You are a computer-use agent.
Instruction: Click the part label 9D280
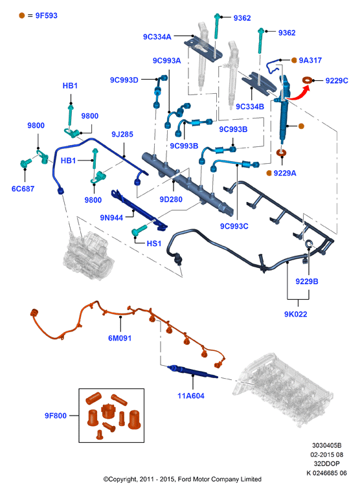coord(171,199)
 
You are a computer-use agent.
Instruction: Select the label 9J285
coord(122,134)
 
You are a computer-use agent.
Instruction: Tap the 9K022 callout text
coord(296,314)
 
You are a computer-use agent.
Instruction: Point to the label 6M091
coord(120,338)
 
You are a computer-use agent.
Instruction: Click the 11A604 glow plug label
coord(191,396)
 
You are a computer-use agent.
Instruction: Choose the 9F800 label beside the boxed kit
coord(56,416)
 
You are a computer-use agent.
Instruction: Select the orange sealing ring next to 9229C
coord(308,80)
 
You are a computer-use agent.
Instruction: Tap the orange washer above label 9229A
coord(282,153)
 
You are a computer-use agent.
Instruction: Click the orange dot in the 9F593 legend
coord(21,16)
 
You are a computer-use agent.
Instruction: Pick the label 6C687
coord(23,189)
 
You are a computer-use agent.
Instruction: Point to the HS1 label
coord(154,243)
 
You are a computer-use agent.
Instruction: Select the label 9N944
coord(111,218)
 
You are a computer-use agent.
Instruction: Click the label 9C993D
coord(124,80)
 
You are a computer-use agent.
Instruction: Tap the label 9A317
coord(310,60)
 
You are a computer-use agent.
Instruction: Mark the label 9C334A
coord(157,37)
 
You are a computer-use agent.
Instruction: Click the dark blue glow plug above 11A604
coord(192,372)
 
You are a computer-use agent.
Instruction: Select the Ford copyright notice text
coord(183,479)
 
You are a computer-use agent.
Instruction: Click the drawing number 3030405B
coord(327,445)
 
